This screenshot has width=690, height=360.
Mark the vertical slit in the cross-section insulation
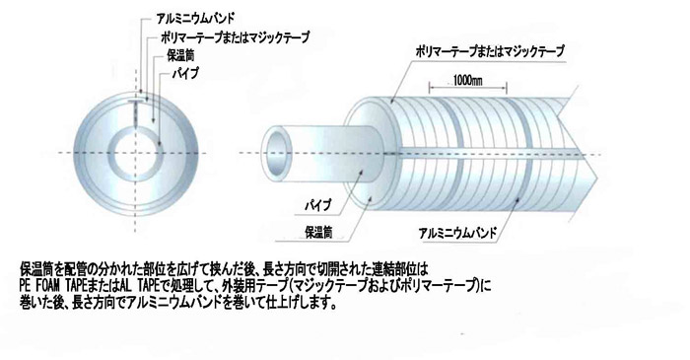coord(137,109)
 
